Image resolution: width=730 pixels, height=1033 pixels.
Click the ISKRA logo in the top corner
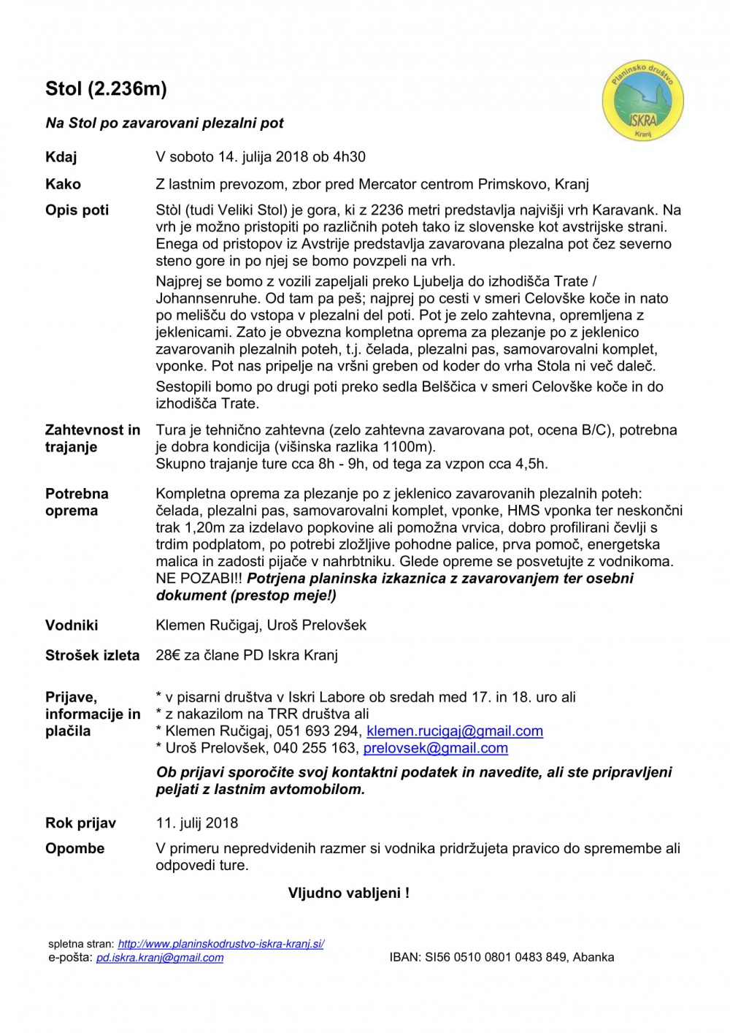(642, 101)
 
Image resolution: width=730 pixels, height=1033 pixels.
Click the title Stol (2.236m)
(106, 89)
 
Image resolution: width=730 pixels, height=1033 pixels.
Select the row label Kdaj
(61, 157)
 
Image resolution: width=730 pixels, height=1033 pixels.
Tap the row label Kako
(63, 184)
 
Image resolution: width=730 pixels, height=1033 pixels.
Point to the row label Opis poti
(77, 210)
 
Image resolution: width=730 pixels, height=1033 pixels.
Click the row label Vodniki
(72, 625)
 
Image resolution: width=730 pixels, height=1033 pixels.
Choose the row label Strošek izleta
(92, 655)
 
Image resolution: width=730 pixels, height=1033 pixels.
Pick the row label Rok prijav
(80, 823)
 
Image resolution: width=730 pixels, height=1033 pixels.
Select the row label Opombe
(74, 849)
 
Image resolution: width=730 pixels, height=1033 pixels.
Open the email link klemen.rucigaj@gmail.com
(454, 731)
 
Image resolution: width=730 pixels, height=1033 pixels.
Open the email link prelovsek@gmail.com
(435, 748)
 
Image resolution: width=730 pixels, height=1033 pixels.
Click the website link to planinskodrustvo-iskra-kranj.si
(220, 944)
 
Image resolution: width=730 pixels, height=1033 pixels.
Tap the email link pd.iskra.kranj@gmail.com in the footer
(160, 958)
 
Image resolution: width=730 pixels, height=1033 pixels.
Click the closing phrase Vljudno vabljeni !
(348, 893)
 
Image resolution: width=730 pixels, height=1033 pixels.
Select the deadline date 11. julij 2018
(197, 823)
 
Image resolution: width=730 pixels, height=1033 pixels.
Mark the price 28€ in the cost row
(168, 655)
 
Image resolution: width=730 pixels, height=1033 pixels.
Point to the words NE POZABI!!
(199, 579)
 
